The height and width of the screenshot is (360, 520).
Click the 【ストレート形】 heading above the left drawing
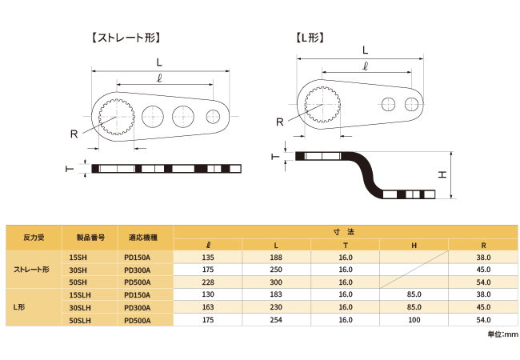126,38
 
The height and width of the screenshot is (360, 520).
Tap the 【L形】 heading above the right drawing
310,38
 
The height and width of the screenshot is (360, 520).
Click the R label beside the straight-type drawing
74,134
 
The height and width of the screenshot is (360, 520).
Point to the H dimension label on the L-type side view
442,174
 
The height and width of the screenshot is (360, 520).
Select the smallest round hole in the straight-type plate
213,116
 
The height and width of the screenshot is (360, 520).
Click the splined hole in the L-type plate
322,105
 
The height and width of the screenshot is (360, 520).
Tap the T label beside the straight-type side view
70,169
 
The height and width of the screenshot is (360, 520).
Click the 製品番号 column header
90,238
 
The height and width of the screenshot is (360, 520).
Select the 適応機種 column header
143,238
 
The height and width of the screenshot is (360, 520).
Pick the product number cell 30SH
78,270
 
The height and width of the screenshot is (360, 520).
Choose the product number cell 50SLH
80,321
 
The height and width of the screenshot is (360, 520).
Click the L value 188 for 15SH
276,258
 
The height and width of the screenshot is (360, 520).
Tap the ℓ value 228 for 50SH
208,282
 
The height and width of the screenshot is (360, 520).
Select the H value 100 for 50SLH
414,320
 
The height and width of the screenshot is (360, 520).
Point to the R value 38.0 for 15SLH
483,294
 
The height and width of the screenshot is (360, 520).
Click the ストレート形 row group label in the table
31,270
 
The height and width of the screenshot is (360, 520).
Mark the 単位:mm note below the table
502,334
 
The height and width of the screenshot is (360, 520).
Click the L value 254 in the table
276,320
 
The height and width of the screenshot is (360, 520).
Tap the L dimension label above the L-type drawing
365,50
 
